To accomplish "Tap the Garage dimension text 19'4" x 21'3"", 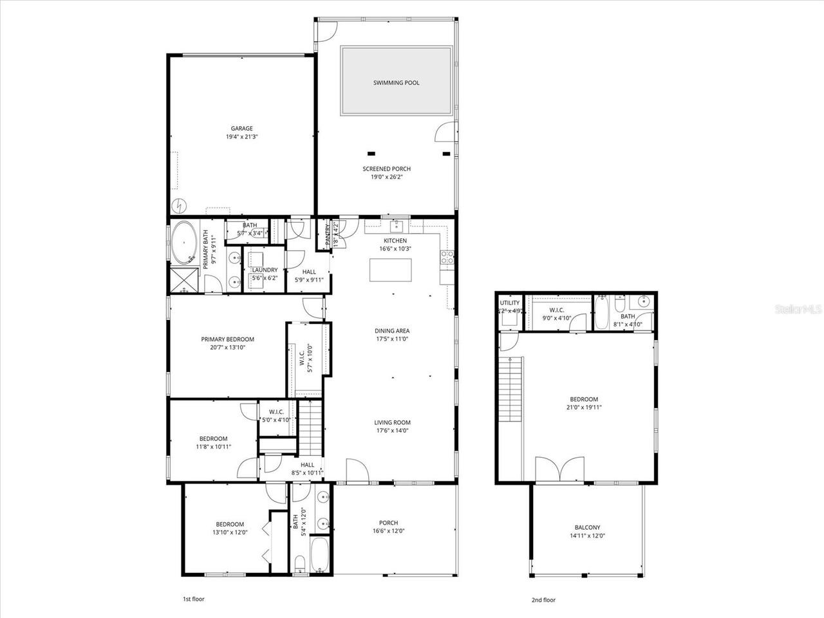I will tap(242, 136).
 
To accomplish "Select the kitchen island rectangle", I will tap(390, 270).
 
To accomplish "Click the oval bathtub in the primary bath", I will tap(185, 243).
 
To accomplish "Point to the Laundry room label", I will tap(265, 270).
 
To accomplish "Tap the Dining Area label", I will tap(392, 331).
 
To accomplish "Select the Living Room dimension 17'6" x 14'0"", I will tap(392, 431).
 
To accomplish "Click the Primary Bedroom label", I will tap(227, 339).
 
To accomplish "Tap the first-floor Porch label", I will tap(388, 523).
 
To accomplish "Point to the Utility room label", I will tap(509, 302).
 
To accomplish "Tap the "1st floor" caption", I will tap(193, 599).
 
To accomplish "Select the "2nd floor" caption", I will tap(543, 599).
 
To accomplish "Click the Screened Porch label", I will tap(386, 169).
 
